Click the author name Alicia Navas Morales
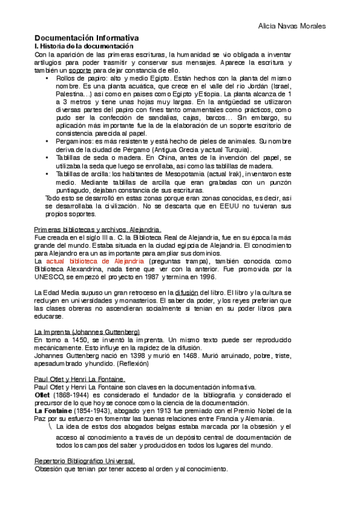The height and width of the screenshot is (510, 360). click(x=291, y=26)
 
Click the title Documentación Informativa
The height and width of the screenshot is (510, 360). click(x=87, y=37)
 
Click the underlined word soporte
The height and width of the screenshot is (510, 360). click(x=80, y=70)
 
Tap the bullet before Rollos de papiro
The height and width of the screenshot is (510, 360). click(x=47, y=79)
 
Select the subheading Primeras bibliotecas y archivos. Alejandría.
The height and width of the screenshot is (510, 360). click(x=97, y=230)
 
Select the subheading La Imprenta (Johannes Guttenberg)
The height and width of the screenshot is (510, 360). click(x=87, y=331)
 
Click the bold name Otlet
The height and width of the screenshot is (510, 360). click(x=43, y=395)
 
